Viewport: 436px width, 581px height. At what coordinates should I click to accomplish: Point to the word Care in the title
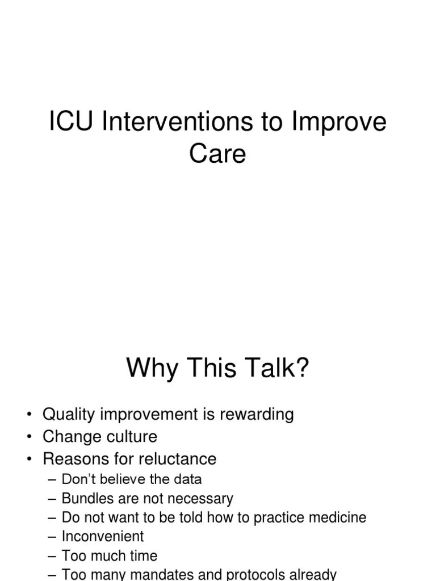coord(217,154)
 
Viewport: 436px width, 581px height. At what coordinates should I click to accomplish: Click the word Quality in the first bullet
coord(69,415)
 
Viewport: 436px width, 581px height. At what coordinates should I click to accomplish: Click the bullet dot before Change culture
coord(29,437)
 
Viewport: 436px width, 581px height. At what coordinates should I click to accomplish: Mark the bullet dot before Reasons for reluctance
coord(29,459)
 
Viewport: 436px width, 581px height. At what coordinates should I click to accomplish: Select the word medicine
coord(339,517)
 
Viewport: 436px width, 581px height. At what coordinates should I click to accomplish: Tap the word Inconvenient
coord(103,536)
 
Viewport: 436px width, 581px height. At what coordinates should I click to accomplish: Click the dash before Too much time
coord(53,556)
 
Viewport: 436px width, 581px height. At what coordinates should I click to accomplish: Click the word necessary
coord(202,499)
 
